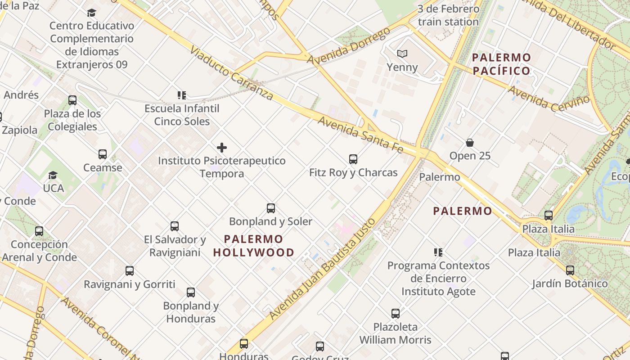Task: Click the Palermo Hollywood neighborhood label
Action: (x=254, y=246)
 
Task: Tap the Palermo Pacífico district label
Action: (x=502, y=64)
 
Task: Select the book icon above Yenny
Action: (x=402, y=54)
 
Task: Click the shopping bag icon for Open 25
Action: (x=470, y=143)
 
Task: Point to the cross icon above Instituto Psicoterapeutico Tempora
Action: (x=222, y=147)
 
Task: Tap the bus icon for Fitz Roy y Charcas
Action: (x=353, y=159)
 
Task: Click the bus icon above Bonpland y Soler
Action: (x=271, y=208)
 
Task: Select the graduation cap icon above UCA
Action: (x=53, y=175)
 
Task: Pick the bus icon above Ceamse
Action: (x=103, y=154)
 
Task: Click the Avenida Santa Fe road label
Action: (x=360, y=134)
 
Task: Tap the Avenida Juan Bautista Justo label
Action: (x=323, y=269)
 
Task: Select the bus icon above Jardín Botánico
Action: (x=570, y=270)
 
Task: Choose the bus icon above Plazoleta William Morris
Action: (x=396, y=313)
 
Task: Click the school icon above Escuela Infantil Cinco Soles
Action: (x=182, y=95)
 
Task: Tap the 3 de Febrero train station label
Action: (x=448, y=15)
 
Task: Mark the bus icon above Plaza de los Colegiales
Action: (x=72, y=100)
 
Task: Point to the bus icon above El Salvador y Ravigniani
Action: (x=175, y=226)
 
